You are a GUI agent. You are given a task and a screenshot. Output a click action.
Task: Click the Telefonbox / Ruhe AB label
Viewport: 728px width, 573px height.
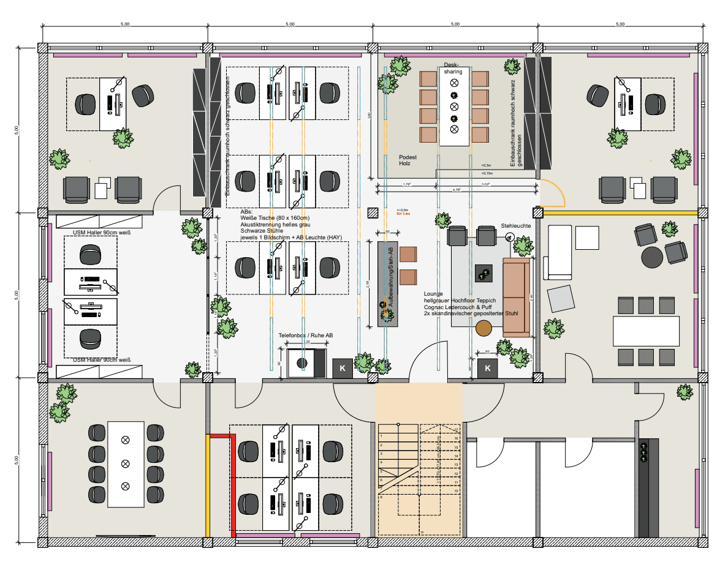click(x=306, y=336)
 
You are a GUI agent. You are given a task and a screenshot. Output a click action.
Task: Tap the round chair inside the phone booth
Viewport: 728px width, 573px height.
click(x=301, y=363)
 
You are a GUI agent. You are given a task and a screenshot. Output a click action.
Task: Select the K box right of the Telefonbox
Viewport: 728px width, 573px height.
click(x=343, y=368)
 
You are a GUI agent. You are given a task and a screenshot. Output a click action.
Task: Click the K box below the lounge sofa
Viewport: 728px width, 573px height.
click(x=488, y=368)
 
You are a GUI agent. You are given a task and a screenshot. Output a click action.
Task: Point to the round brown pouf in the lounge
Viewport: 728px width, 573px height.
click(x=484, y=328)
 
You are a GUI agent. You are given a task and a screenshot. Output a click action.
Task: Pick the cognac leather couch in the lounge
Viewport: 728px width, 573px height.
click(x=515, y=297)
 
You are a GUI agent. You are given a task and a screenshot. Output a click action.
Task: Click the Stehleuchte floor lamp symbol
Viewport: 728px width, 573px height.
click(x=510, y=239)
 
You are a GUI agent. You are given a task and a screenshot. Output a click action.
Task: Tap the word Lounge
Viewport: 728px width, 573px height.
click(x=433, y=294)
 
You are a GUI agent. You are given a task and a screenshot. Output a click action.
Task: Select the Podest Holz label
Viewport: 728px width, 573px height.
click(x=408, y=160)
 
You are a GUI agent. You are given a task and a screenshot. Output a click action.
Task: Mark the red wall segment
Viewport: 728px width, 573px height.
click(x=232, y=484)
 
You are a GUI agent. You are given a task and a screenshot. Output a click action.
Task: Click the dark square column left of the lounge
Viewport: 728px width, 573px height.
click(x=373, y=213)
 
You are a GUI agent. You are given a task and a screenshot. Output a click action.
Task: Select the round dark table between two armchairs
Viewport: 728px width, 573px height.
click(x=652, y=257)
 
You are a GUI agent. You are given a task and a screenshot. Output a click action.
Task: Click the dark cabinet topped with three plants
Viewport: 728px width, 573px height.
click(x=647, y=487)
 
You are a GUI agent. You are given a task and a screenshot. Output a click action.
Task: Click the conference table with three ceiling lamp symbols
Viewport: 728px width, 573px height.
click(x=126, y=463)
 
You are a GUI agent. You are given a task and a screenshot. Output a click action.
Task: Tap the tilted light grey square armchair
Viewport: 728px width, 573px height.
click(x=561, y=299)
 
